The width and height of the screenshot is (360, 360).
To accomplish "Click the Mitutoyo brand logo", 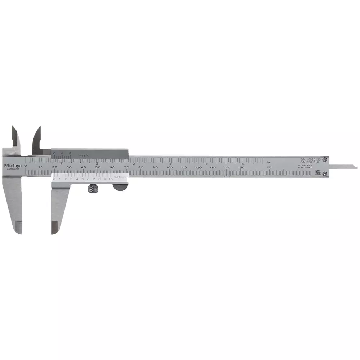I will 13,166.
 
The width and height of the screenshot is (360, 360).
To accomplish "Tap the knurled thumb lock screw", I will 93,188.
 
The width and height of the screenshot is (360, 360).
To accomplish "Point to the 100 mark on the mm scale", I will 169,168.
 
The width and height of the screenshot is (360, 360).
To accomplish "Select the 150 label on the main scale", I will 241,168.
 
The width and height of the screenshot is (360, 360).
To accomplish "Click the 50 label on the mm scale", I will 98,168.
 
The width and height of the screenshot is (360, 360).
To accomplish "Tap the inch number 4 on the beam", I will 170,163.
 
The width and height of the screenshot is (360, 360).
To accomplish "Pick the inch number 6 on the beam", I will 243,163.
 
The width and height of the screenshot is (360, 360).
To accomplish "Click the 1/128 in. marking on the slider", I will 83,155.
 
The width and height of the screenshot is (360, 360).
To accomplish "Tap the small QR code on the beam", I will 318,172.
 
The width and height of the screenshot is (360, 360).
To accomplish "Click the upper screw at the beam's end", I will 325,159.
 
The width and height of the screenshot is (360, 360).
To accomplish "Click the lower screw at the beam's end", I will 325,174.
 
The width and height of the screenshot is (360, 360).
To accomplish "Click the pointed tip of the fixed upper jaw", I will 13,127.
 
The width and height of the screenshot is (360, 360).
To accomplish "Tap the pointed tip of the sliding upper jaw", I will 39,127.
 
